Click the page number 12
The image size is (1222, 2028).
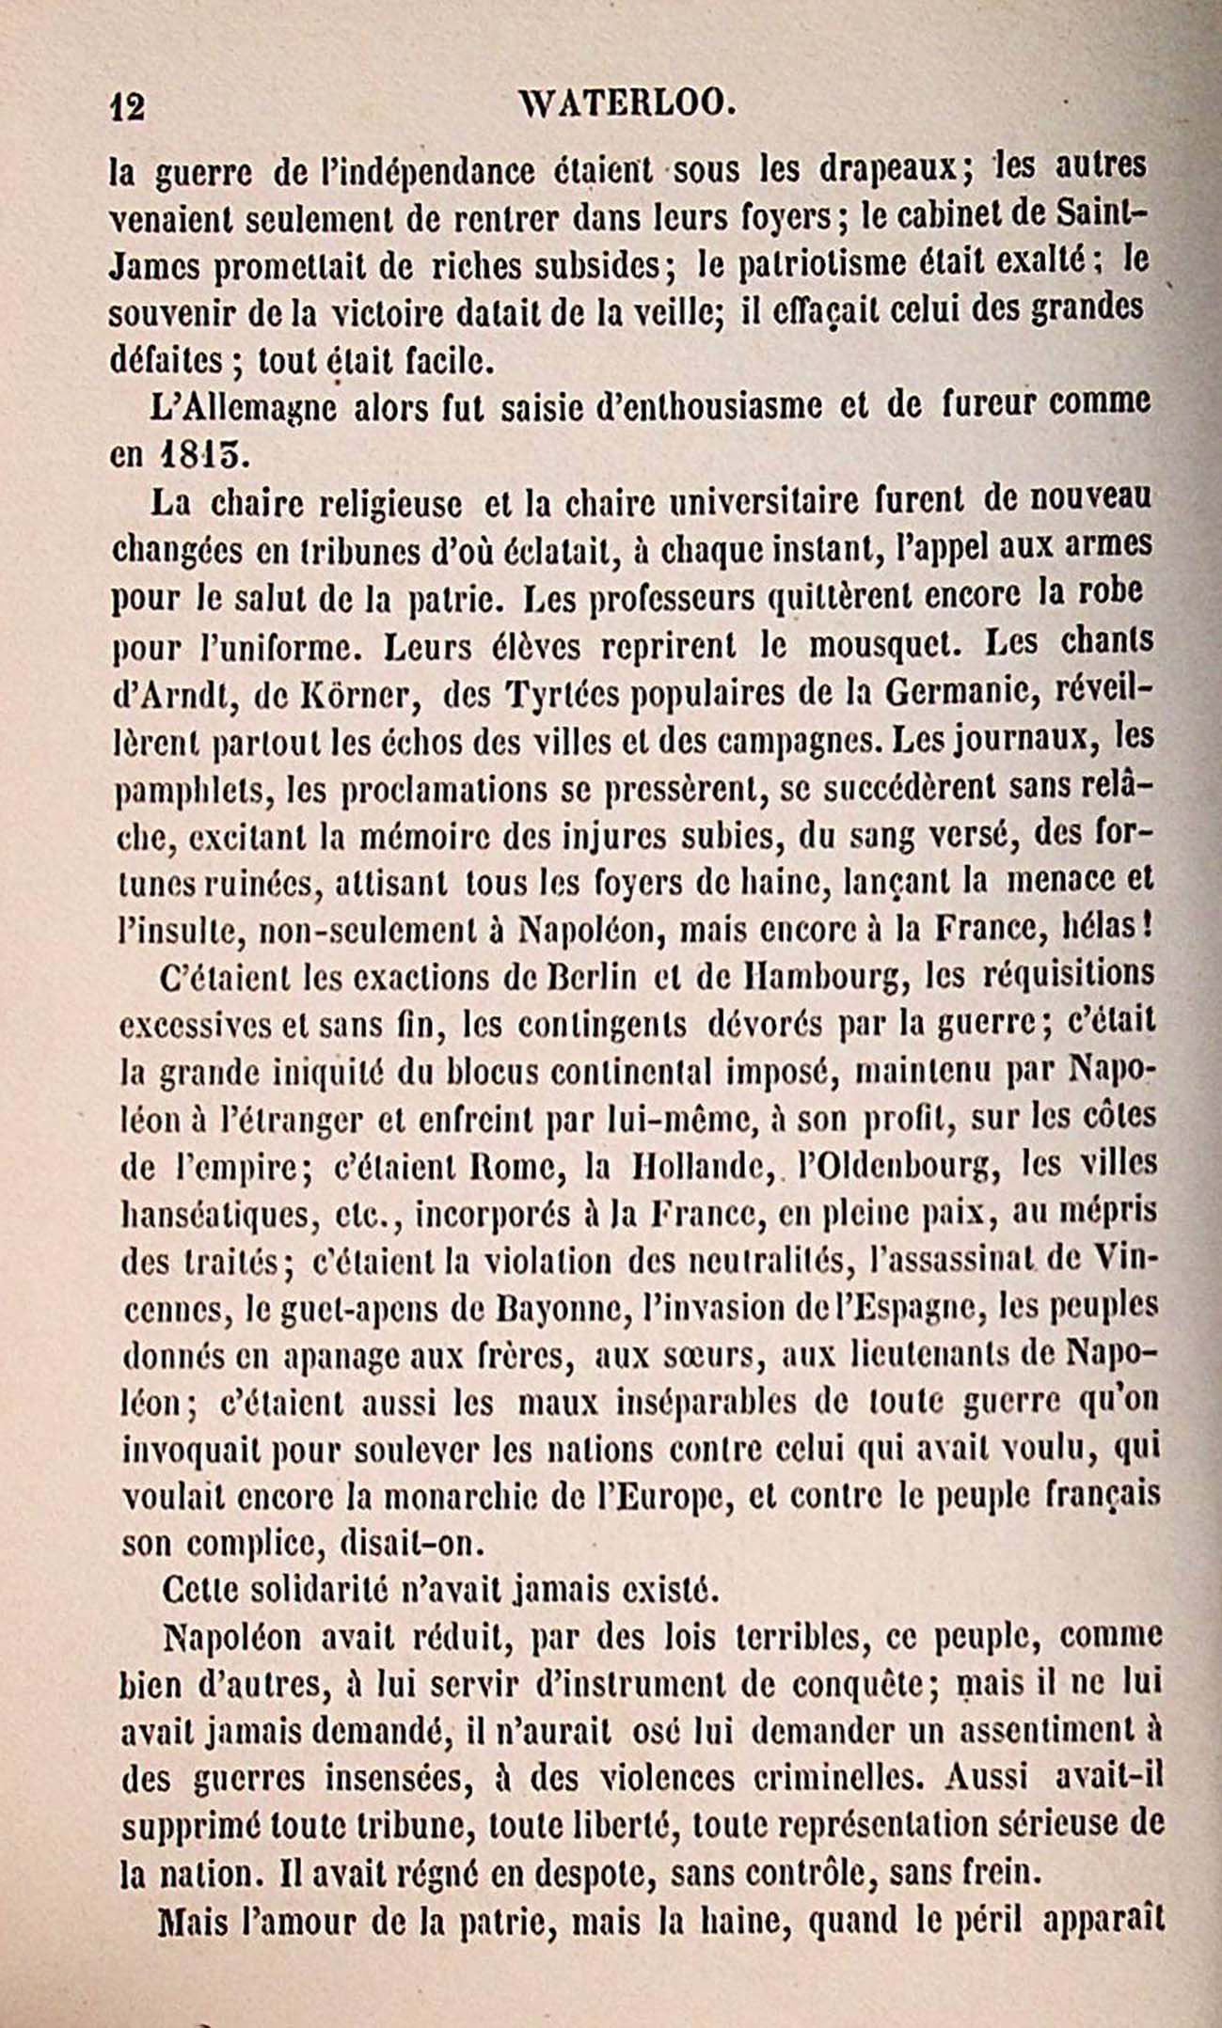click(x=127, y=107)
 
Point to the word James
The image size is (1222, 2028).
click(x=154, y=267)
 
